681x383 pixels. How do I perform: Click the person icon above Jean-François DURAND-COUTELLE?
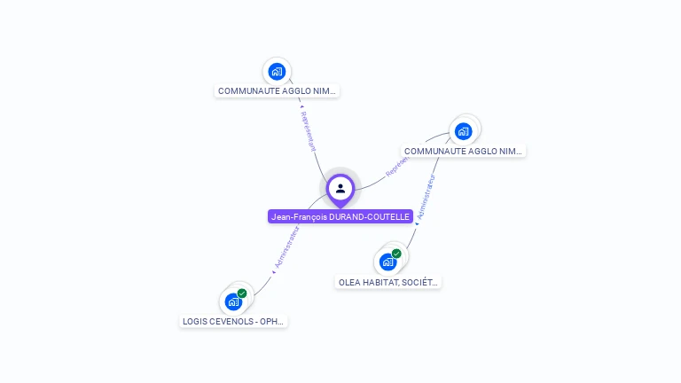pos(340,188)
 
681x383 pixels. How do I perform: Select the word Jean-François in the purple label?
pos(299,217)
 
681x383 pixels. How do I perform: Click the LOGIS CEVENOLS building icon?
pos(233,301)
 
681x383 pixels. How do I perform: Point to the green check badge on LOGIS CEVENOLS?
pos(242,293)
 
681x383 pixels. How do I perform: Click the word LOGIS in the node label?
pos(196,321)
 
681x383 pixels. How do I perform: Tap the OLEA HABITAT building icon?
pos(387,262)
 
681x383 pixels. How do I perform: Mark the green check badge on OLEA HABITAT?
pos(396,254)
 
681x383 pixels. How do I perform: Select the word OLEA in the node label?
pos(349,283)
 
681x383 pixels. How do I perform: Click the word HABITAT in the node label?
pos(381,283)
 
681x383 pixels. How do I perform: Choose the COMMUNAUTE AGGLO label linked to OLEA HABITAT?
pos(464,152)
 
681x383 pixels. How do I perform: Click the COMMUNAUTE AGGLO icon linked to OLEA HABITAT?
pos(463,131)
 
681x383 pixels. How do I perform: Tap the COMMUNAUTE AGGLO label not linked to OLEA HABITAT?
pos(278,91)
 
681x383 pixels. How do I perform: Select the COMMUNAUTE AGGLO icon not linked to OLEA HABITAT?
pos(277,71)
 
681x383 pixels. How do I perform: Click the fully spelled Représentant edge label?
pos(308,130)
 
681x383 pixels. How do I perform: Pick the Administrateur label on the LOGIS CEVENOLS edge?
pos(286,246)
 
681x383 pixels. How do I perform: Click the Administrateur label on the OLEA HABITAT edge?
pos(426,196)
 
